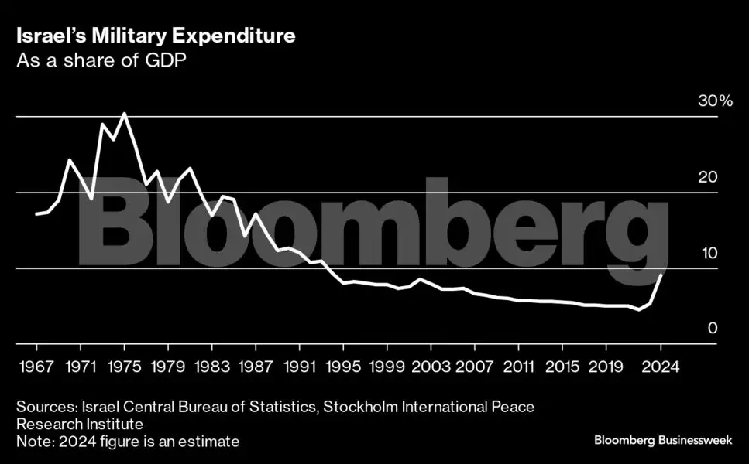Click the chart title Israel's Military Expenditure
[155, 36]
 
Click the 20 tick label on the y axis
[708, 177]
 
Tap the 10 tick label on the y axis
[708, 253]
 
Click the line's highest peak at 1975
[125, 114]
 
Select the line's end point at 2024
[661, 275]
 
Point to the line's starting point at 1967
[36, 213]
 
